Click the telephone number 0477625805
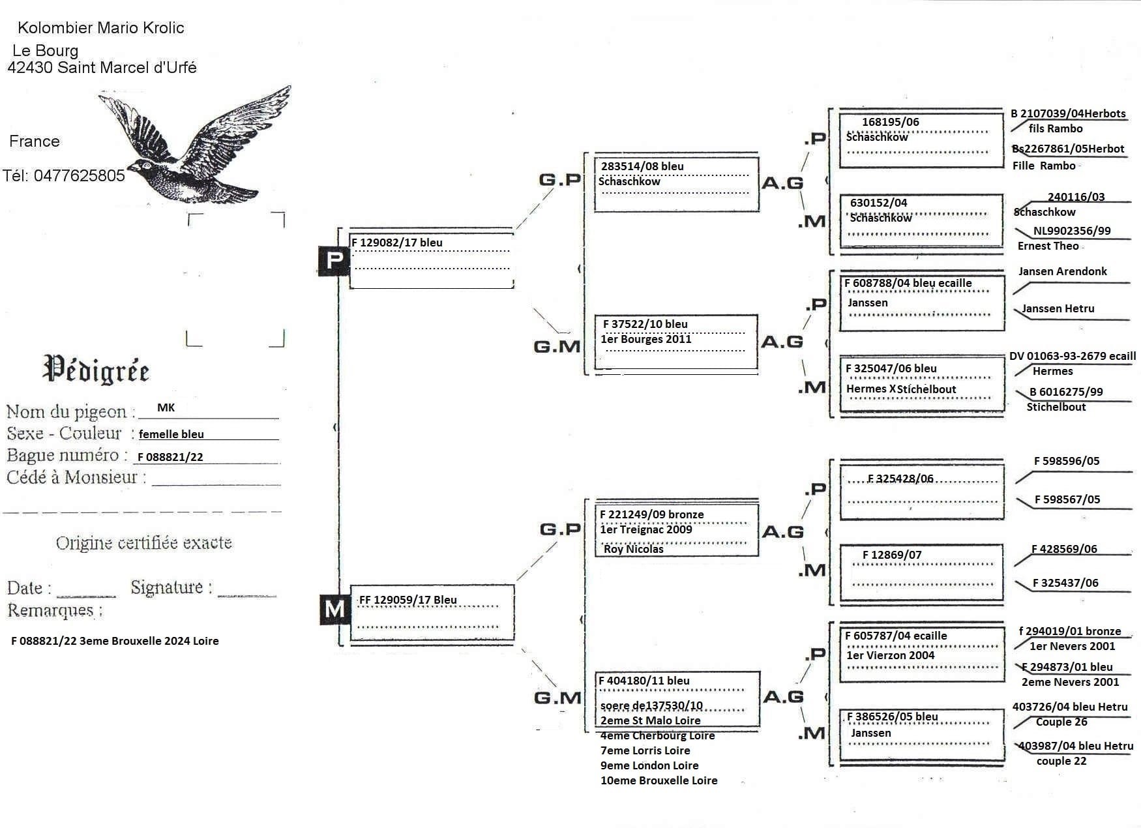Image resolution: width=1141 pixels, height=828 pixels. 79,175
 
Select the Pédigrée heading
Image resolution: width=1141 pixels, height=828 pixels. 96,369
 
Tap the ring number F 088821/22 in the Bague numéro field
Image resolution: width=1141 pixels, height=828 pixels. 170,457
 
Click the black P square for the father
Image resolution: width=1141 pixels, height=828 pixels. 334,261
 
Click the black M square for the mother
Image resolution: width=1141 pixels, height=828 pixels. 334,610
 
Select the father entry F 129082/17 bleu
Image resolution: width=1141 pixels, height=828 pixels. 397,243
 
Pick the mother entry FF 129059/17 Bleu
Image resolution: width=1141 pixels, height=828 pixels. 407,600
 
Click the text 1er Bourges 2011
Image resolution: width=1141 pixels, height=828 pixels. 645,339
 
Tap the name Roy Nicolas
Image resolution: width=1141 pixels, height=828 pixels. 633,549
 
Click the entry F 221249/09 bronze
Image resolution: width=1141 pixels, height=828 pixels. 651,514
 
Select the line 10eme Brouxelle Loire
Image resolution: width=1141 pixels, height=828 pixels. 659,780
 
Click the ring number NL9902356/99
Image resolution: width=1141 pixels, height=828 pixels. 1072,231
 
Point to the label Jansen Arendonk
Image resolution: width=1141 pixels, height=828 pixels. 1062,271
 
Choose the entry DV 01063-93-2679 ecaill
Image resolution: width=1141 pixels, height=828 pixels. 1072,356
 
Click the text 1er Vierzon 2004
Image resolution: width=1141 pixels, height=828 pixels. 890,655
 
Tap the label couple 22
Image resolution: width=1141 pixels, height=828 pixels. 1061,761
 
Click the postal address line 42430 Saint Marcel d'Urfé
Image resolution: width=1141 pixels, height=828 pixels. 102,68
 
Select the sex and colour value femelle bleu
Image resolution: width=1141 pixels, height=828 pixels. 171,434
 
